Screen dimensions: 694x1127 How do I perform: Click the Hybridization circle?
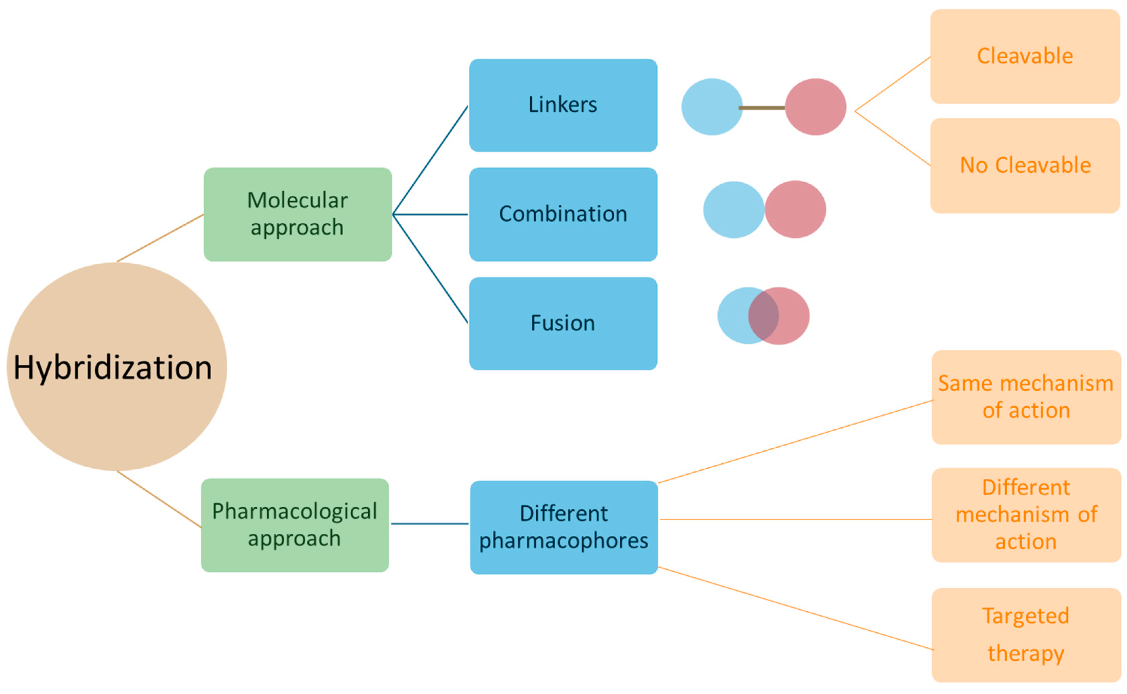pyautogui.click(x=117, y=367)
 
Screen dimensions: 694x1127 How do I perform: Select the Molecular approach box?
pyautogui.click(x=298, y=215)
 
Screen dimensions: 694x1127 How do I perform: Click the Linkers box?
pyautogui.click(x=563, y=105)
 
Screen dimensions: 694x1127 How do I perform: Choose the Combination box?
pyautogui.click(x=563, y=215)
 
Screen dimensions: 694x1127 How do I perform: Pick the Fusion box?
pyautogui.click(x=563, y=324)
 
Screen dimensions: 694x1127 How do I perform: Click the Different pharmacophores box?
pyautogui.click(x=564, y=527)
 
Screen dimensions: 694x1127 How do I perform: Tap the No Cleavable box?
pyautogui.click(x=1025, y=166)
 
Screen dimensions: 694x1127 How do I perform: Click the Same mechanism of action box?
pyautogui.click(x=1026, y=397)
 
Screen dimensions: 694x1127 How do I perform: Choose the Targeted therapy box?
pyautogui.click(x=1026, y=635)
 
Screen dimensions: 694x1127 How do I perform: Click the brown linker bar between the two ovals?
pyautogui.click(x=763, y=108)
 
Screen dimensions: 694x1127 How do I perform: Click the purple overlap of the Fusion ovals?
pyautogui.click(x=763, y=316)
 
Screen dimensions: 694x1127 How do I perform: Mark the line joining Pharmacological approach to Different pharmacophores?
pyautogui.click(x=430, y=524)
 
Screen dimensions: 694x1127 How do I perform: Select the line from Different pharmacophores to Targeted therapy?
pyautogui.click(x=796, y=608)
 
